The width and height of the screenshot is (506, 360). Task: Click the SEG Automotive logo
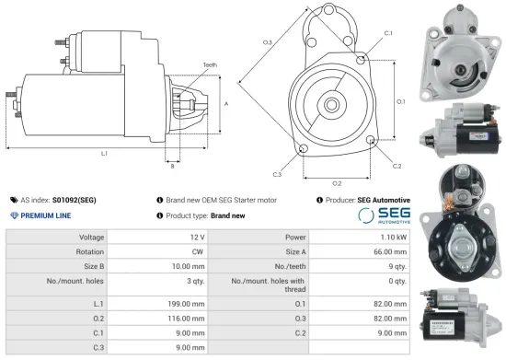pyautogui.click(x=384, y=215)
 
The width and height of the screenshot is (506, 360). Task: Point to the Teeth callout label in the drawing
pyautogui.click(x=211, y=64)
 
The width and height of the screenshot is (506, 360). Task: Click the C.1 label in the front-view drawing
pyautogui.click(x=388, y=32)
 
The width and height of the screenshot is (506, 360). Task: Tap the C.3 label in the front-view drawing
pyautogui.click(x=277, y=174)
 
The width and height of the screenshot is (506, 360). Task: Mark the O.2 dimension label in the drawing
pyautogui.click(x=337, y=183)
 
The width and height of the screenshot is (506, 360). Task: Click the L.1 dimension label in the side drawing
pyautogui.click(x=104, y=153)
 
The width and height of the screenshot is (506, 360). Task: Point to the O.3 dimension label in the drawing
pyautogui.click(x=268, y=41)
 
